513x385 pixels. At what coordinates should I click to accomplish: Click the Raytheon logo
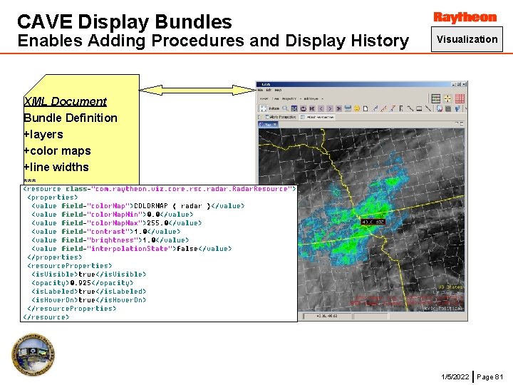point(465,17)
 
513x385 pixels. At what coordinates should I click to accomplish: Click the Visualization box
point(467,39)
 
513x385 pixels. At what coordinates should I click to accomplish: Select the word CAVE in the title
point(44,22)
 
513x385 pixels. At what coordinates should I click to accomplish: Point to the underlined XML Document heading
point(65,101)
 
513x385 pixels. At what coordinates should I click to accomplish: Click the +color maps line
point(57,150)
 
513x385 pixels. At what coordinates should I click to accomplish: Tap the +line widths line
point(56,167)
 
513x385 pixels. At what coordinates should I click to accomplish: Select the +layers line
point(43,134)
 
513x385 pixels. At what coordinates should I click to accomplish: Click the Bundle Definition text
point(71,118)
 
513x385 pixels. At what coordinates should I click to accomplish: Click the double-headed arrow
point(197,89)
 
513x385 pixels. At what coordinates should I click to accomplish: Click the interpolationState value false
point(187,249)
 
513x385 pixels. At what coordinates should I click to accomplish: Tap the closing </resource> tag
point(46,317)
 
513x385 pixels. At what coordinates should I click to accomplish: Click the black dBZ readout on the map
point(373,222)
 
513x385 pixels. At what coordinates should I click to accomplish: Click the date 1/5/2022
point(455,376)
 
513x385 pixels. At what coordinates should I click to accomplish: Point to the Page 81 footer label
point(489,376)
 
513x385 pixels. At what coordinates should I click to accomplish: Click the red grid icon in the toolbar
point(460,98)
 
